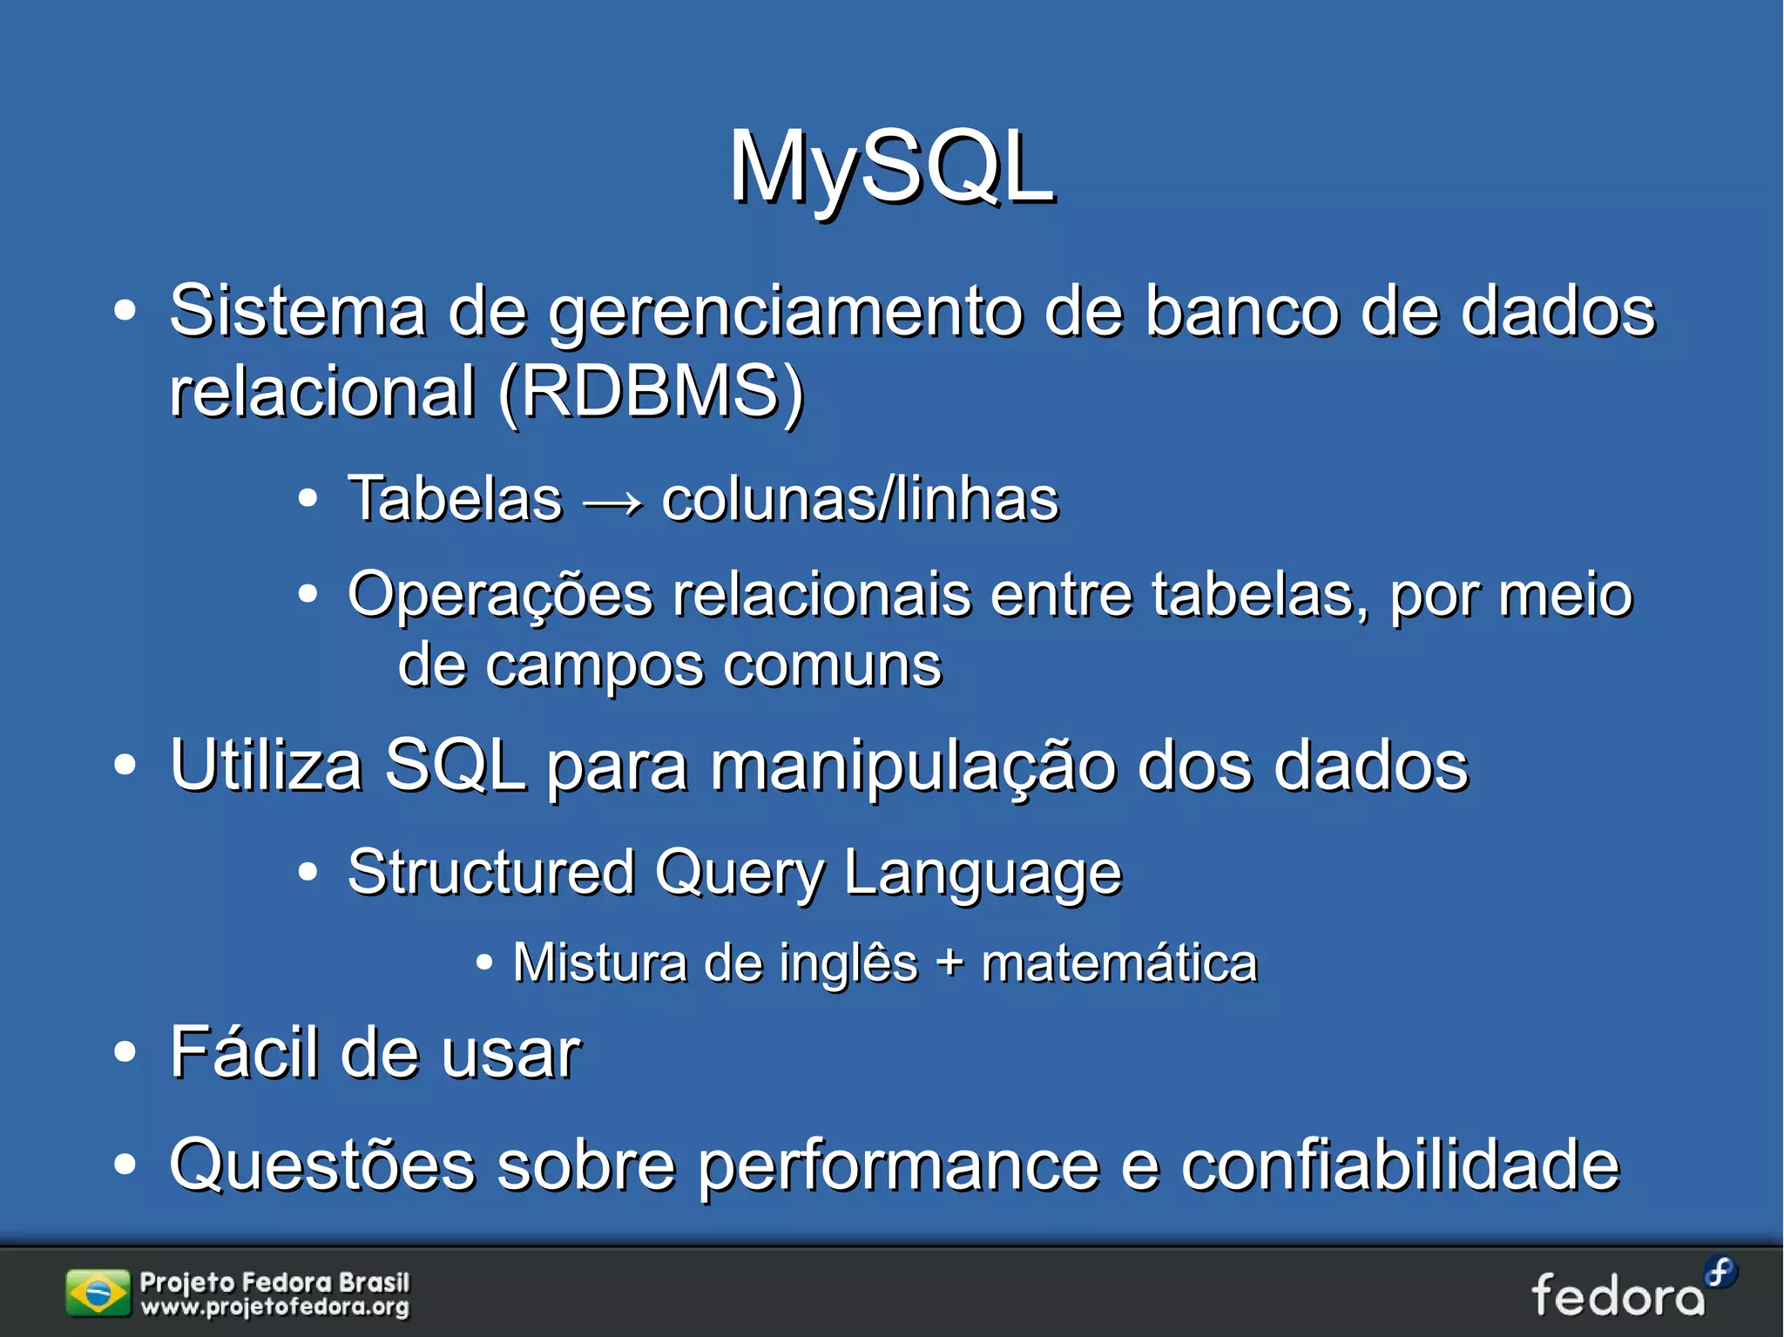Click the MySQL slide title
(x=891, y=167)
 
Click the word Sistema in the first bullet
(x=297, y=311)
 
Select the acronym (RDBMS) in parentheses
(x=652, y=391)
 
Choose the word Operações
(x=500, y=596)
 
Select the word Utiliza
(x=266, y=766)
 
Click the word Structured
(x=491, y=872)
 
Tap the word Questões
(x=322, y=1165)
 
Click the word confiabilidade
(x=1400, y=1165)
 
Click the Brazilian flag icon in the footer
(x=97, y=1293)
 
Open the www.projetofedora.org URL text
(x=274, y=1307)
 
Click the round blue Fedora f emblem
(x=1720, y=1273)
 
